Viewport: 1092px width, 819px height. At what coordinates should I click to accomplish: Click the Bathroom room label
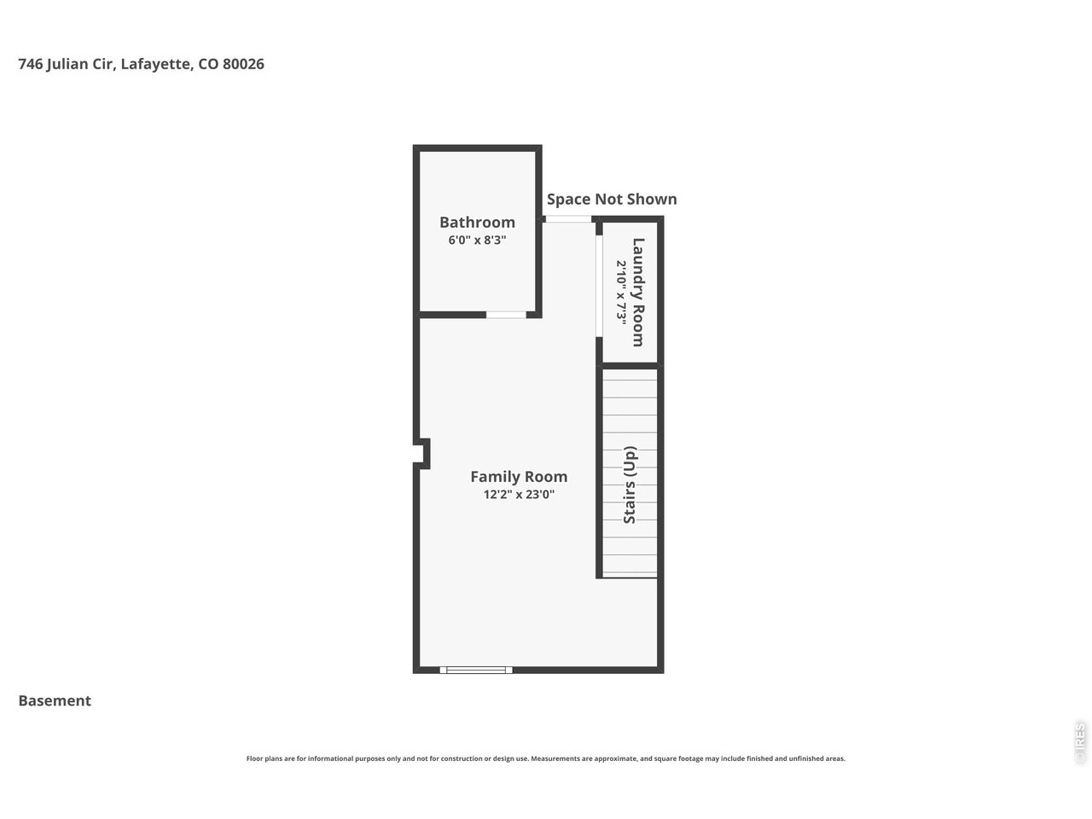click(x=477, y=223)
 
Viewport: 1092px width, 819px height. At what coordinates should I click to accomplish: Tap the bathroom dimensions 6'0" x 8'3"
click(x=477, y=241)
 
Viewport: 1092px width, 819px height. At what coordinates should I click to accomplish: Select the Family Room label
click(x=519, y=477)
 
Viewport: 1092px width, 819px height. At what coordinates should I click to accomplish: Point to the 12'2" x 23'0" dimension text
click(x=519, y=494)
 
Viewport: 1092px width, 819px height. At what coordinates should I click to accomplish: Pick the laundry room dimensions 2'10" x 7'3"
click(x=622, y=292)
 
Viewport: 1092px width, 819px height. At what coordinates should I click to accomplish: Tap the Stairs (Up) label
click(x=630, y=485)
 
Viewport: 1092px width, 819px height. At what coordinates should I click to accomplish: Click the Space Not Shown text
click(x=612, y=199)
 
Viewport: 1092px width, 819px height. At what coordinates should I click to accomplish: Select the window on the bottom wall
click(x=476, y=670)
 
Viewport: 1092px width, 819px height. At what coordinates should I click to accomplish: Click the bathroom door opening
click(x=506, y=315)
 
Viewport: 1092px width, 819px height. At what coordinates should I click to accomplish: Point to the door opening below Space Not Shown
click(x=568, y=220)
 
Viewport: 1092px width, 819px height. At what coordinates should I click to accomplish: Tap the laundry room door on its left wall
click(x=599, y=286)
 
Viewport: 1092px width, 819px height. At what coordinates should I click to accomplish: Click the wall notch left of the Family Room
click(x=422, y=453)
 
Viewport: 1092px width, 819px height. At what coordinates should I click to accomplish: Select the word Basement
click(x=55, y=701)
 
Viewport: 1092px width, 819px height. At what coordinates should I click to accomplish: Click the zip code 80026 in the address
click(x=243, y=64)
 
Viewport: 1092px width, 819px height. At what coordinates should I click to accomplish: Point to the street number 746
click(x=30, y=64)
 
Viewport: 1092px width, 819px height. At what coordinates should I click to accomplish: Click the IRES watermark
click(x=1080, y=742)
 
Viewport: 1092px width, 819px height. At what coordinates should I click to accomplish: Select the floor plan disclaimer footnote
click(x=546, y=758)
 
